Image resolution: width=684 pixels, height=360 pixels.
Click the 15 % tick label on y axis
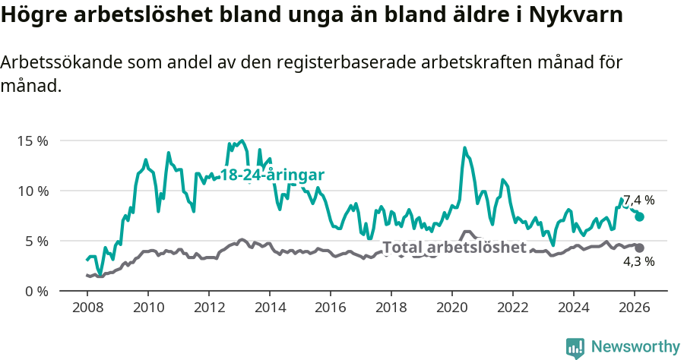tap(32, 141)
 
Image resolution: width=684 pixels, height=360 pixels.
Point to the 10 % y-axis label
tap(32, 191)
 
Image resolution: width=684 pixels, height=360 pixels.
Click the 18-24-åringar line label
tap(272, 175)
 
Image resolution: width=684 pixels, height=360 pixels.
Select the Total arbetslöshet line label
tap(454, 248)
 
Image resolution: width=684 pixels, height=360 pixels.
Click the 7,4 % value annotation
tap(638, 201)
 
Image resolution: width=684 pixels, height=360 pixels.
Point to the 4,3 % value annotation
tap(638, 262)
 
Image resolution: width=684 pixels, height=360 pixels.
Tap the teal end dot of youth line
tap(640, 216)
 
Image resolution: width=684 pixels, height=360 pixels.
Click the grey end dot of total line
tap(640, 248)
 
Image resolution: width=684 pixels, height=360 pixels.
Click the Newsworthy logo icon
tap(575, 348)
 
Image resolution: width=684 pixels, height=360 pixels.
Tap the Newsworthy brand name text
tap(635, 347)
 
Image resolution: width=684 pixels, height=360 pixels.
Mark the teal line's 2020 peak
tap(464, 148)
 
